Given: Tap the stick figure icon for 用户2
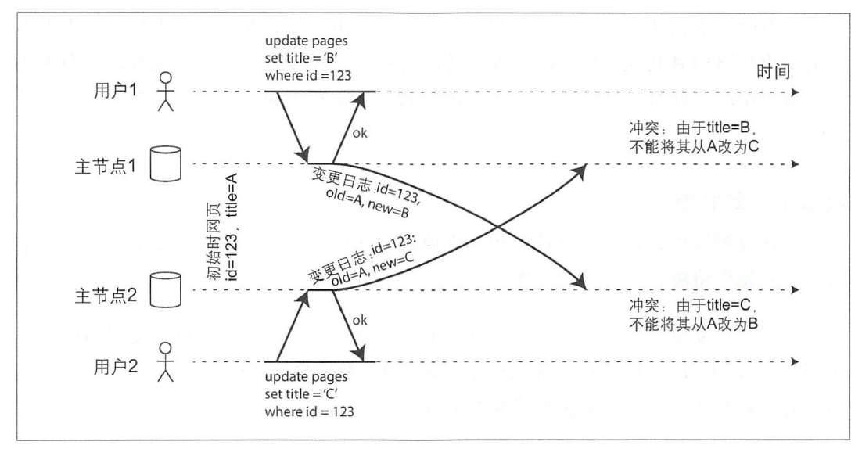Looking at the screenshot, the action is point(165,362).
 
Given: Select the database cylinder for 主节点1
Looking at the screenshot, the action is point(165,164).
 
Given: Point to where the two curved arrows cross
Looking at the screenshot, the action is point(497,228).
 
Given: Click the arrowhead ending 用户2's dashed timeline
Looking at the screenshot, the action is point(796,361).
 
